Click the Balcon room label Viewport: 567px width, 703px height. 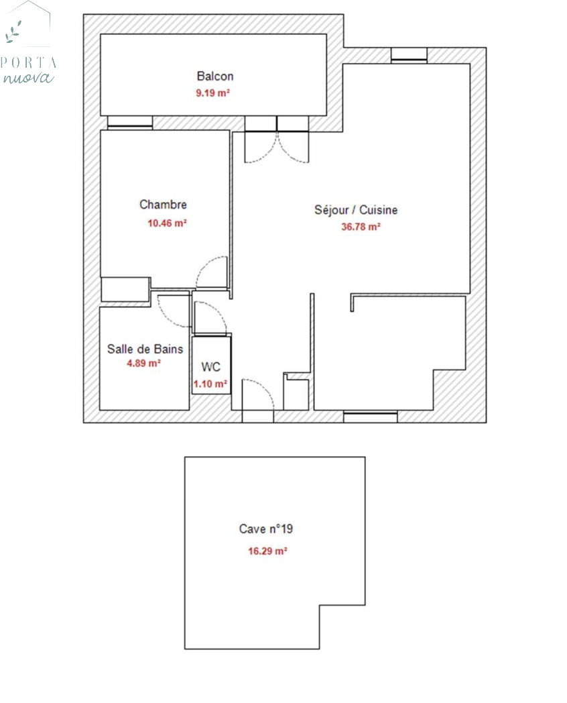point(215,76)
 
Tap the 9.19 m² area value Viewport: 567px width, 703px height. point(212,93)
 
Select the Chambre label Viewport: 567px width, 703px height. point(163,205)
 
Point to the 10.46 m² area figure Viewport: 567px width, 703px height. point(167,223)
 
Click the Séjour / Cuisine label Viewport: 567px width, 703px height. point(356,210)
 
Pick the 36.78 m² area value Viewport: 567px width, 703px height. point(361,227)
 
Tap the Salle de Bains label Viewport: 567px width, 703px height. point(145,349)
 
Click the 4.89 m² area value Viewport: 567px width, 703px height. point(143,363)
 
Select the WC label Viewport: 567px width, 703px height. point(211,367)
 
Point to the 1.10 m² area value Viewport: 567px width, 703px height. point(210,384)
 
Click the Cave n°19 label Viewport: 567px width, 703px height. point(266,529)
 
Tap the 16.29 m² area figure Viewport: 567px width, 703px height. point(267,551)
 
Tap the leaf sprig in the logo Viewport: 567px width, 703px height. point(13,32)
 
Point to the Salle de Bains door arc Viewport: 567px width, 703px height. point(167,316)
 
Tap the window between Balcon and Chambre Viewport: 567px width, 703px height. point(130,122)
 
